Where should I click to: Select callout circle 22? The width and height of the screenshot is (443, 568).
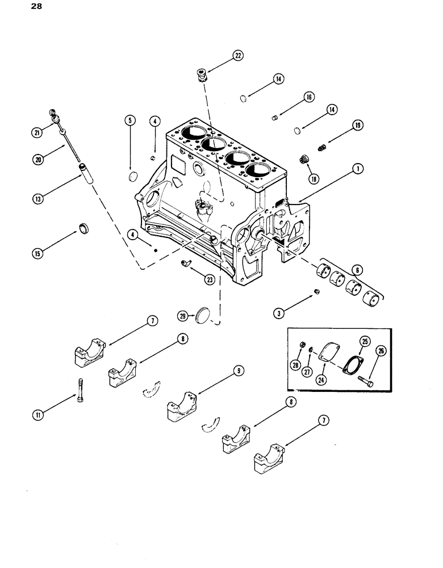point(237,55)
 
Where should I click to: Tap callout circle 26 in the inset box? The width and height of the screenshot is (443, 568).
point(381,350)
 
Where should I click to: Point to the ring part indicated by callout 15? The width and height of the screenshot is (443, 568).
point(84,228)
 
